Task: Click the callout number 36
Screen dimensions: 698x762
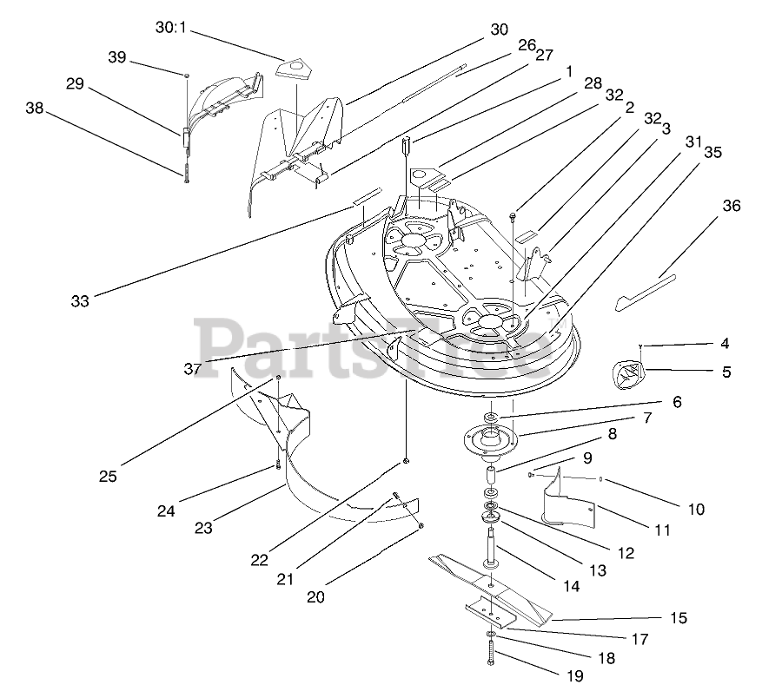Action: pos(732,206)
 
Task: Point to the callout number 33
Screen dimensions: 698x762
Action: pos(80,301)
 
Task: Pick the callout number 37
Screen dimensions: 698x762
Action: pos(193,368)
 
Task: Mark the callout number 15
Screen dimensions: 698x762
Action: pos(679,618)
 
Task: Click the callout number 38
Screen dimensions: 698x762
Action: pos(34,109)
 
